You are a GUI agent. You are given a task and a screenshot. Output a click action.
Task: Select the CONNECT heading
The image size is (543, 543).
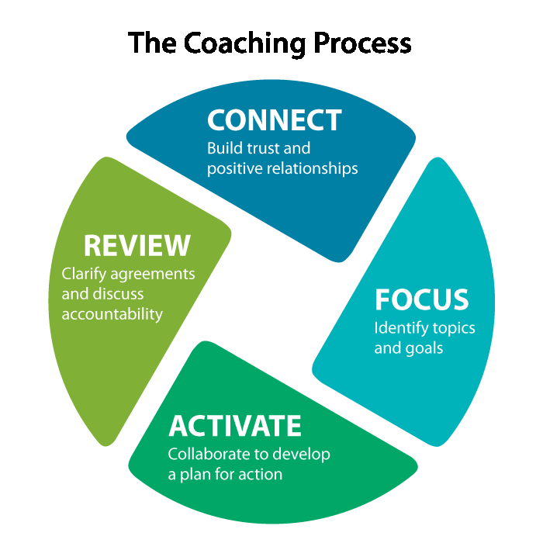tap(274, 120)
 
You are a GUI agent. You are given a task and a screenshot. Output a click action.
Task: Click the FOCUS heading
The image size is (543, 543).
tap(421, 300)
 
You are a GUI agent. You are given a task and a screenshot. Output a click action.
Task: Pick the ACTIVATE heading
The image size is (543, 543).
tap(234, 426)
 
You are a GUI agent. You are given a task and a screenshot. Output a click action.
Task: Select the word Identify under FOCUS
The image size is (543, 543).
tap(399, 328)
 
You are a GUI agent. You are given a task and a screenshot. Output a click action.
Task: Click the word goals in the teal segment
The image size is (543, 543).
tap(424, 348)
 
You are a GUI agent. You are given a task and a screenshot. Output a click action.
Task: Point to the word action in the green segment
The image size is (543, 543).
tap(260, 473)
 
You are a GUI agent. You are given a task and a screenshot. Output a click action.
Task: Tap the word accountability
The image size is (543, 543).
tap(112, 313)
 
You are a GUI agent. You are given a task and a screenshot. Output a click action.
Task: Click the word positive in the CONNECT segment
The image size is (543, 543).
tap(231, 167)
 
